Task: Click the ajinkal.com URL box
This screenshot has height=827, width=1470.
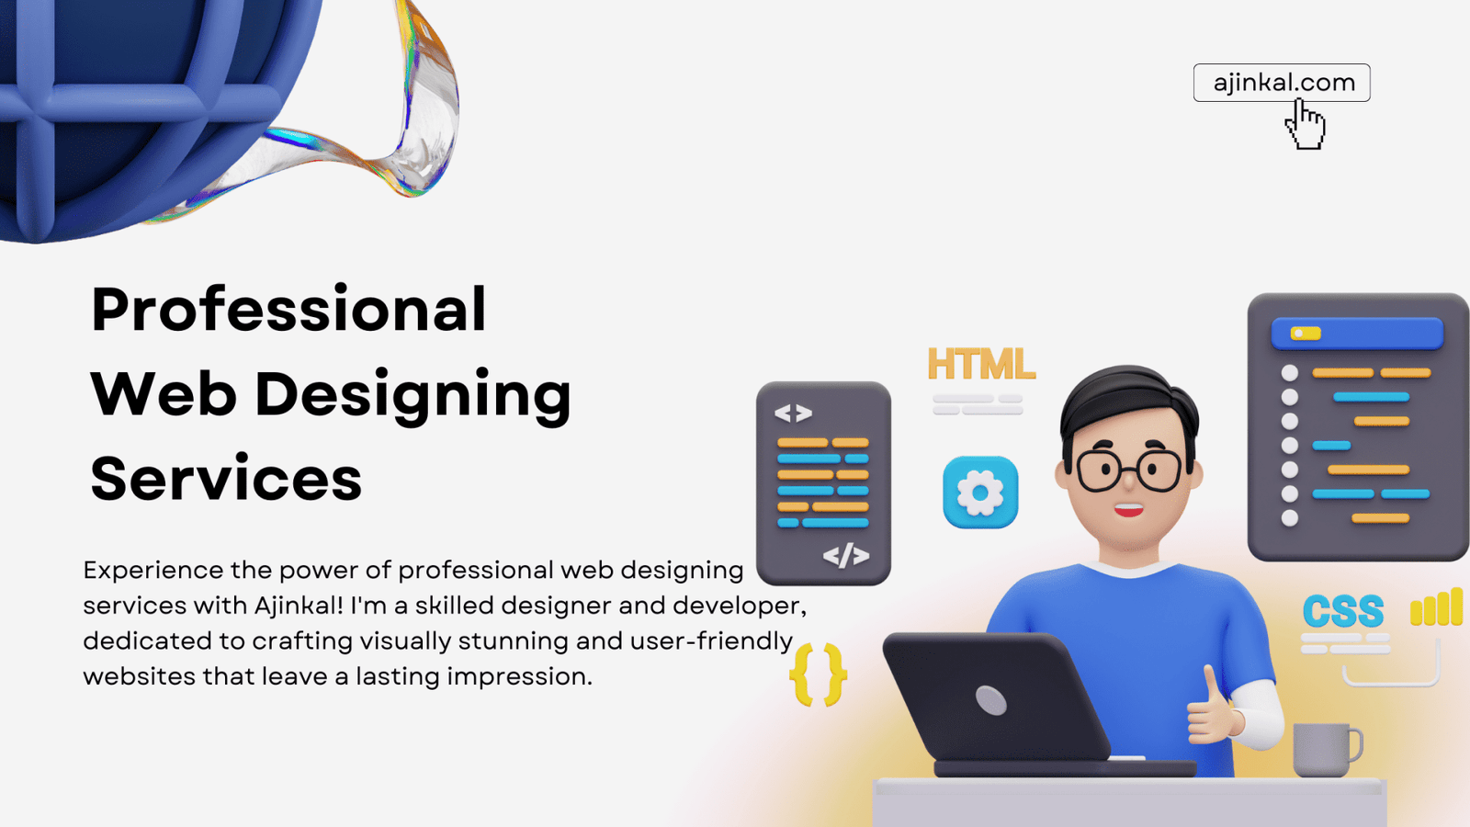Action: (x=1282, y=83)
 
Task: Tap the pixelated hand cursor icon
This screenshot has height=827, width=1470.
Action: (x=1306, y=124)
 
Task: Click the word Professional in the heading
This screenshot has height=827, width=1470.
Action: (x=288, y=310)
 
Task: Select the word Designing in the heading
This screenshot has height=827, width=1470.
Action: (x=413, y=396)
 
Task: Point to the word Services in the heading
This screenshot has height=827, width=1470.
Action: (x=226, y=478)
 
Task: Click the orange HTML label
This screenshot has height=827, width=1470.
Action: (x=981, y=364)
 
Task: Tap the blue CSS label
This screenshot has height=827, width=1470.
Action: (x=1343, y=610)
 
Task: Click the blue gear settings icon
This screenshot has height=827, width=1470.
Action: (x=980, y=493)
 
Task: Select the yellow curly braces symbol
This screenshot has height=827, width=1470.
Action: (x=818, y=674)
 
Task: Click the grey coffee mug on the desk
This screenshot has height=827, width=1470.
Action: (x=1327, y=750)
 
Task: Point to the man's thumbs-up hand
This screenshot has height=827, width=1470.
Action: (x=1214, y=708)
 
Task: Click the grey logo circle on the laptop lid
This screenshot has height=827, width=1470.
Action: (x=991, y=700)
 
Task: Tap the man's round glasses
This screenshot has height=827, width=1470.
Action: (x=1128, y=470)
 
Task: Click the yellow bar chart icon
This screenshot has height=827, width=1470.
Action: (x=1436, y=606)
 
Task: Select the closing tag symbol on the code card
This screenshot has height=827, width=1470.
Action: (x=846, y=555)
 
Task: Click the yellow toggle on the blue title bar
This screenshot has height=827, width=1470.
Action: (x=1306, y=334)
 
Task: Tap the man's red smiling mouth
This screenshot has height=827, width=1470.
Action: (x=1129, y=510)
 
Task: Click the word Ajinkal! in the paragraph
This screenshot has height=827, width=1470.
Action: (x=299, y=606)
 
